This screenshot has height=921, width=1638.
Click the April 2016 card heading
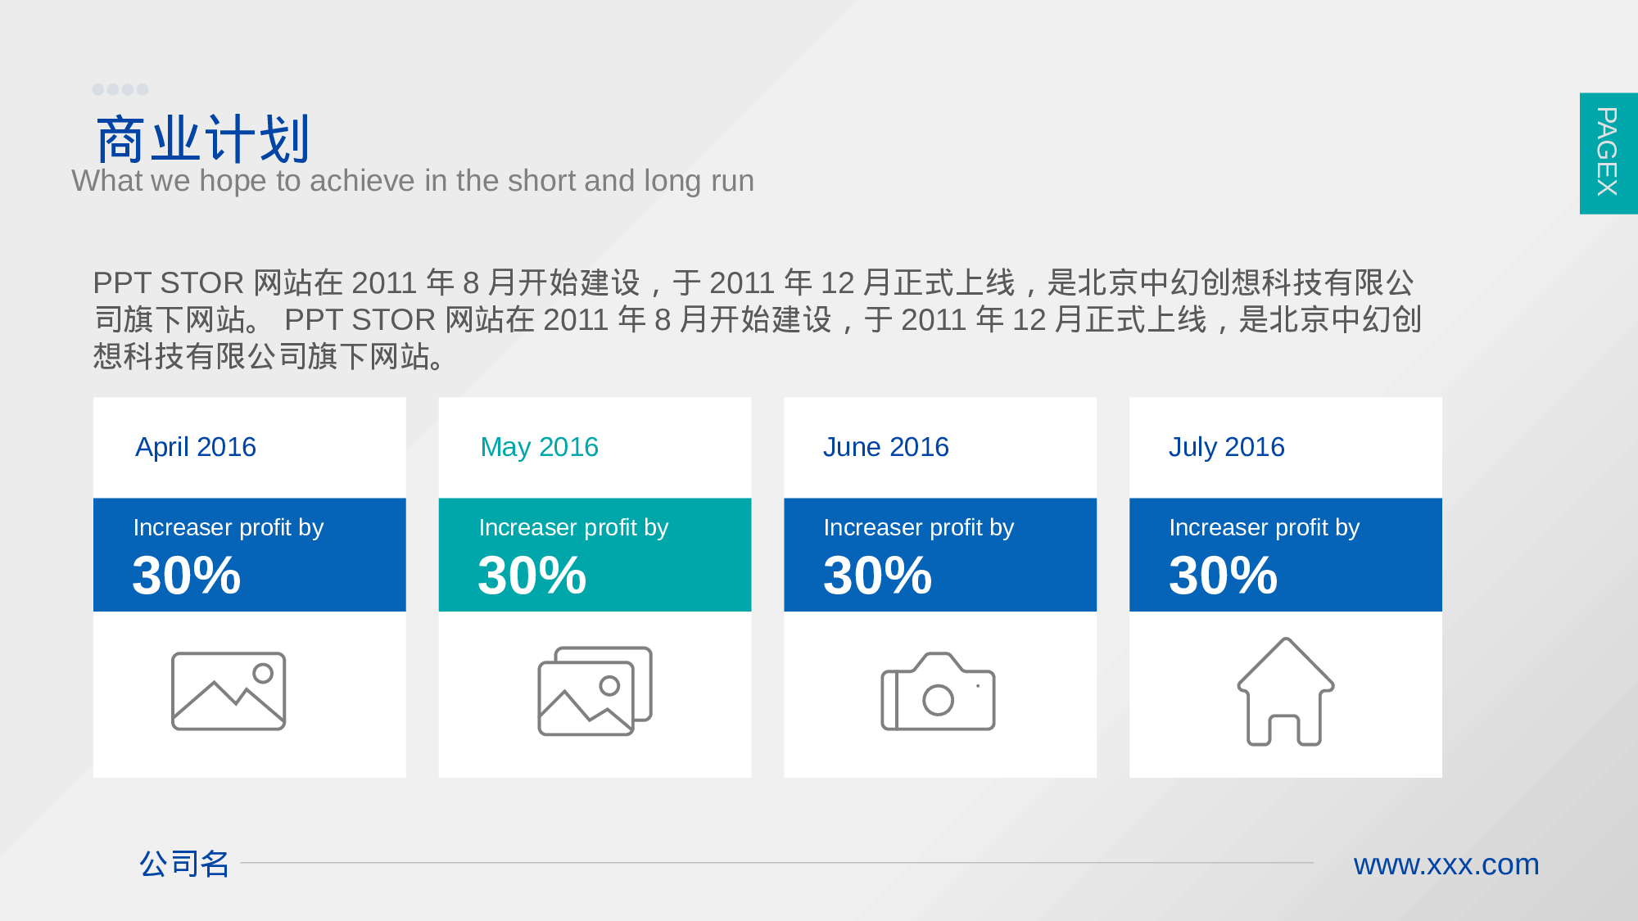(196, 447)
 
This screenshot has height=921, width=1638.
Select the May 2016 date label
(539, 447)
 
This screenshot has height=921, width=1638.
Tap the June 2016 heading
(885, 447)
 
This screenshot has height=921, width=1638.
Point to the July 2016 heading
(1226, 447)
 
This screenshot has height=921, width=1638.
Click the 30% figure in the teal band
(532, 575)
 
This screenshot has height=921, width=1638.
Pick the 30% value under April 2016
(187, 575)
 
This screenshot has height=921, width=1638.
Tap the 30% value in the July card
(1223, 575)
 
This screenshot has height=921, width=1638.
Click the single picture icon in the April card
(229, 691)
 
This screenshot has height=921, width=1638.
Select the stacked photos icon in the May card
(595, 691)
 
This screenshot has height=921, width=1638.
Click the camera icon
(938, 691)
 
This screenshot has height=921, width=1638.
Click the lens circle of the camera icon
(938, 700)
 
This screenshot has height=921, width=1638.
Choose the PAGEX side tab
(1609, 153)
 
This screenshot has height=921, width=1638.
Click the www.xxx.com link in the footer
(1446, 865)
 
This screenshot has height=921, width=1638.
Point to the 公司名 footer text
(184, 864)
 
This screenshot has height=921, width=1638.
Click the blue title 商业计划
(203, 139)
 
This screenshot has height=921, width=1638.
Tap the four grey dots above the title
(120, 89)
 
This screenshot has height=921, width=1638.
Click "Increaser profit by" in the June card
(918, 527)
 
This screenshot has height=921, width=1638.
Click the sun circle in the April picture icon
(263, 674)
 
